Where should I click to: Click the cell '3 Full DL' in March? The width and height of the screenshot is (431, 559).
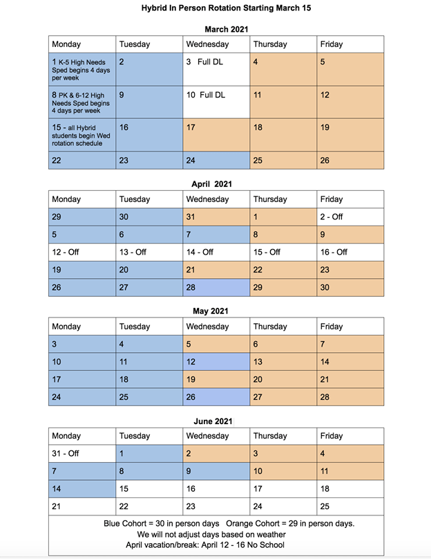pos(215,69)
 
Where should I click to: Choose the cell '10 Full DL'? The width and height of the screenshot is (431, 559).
pos(215,102)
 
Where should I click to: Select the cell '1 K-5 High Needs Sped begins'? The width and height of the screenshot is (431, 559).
pos(82,69)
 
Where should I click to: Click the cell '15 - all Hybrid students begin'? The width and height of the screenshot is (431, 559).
pos(82,135)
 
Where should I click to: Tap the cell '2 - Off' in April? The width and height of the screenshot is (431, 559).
pos(350,217)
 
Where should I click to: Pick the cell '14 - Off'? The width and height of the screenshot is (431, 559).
pos(215,252)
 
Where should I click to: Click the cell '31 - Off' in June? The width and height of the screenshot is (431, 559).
pos(82,453)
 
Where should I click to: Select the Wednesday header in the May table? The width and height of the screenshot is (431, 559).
pos(215,327)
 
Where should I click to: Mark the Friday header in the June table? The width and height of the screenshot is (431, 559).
pos(350,436)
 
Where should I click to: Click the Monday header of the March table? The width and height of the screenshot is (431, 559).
pos(82,44)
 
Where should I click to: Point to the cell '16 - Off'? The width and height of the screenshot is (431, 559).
pos(350,252)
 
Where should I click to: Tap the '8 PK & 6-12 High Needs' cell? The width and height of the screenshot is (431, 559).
pos(82,102)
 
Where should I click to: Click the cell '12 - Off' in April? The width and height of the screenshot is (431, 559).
pos(82,252)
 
